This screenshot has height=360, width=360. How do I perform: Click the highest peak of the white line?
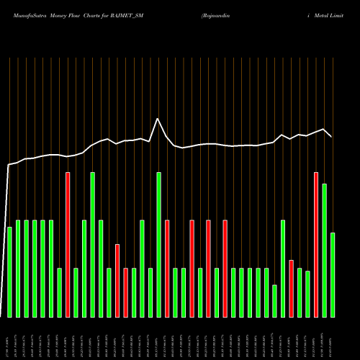(x=158, y=119)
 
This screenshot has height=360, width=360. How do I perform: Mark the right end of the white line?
(x=331, y=136)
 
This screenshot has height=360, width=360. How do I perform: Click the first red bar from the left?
(x=68, y=245)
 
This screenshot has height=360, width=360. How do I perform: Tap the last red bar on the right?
(x=316, y=245)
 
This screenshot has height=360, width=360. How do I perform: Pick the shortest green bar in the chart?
(x=274, y=301)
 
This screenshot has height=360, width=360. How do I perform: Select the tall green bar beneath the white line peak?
(x=158, y=245)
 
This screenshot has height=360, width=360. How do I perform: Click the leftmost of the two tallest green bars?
(x=92, y=245)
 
